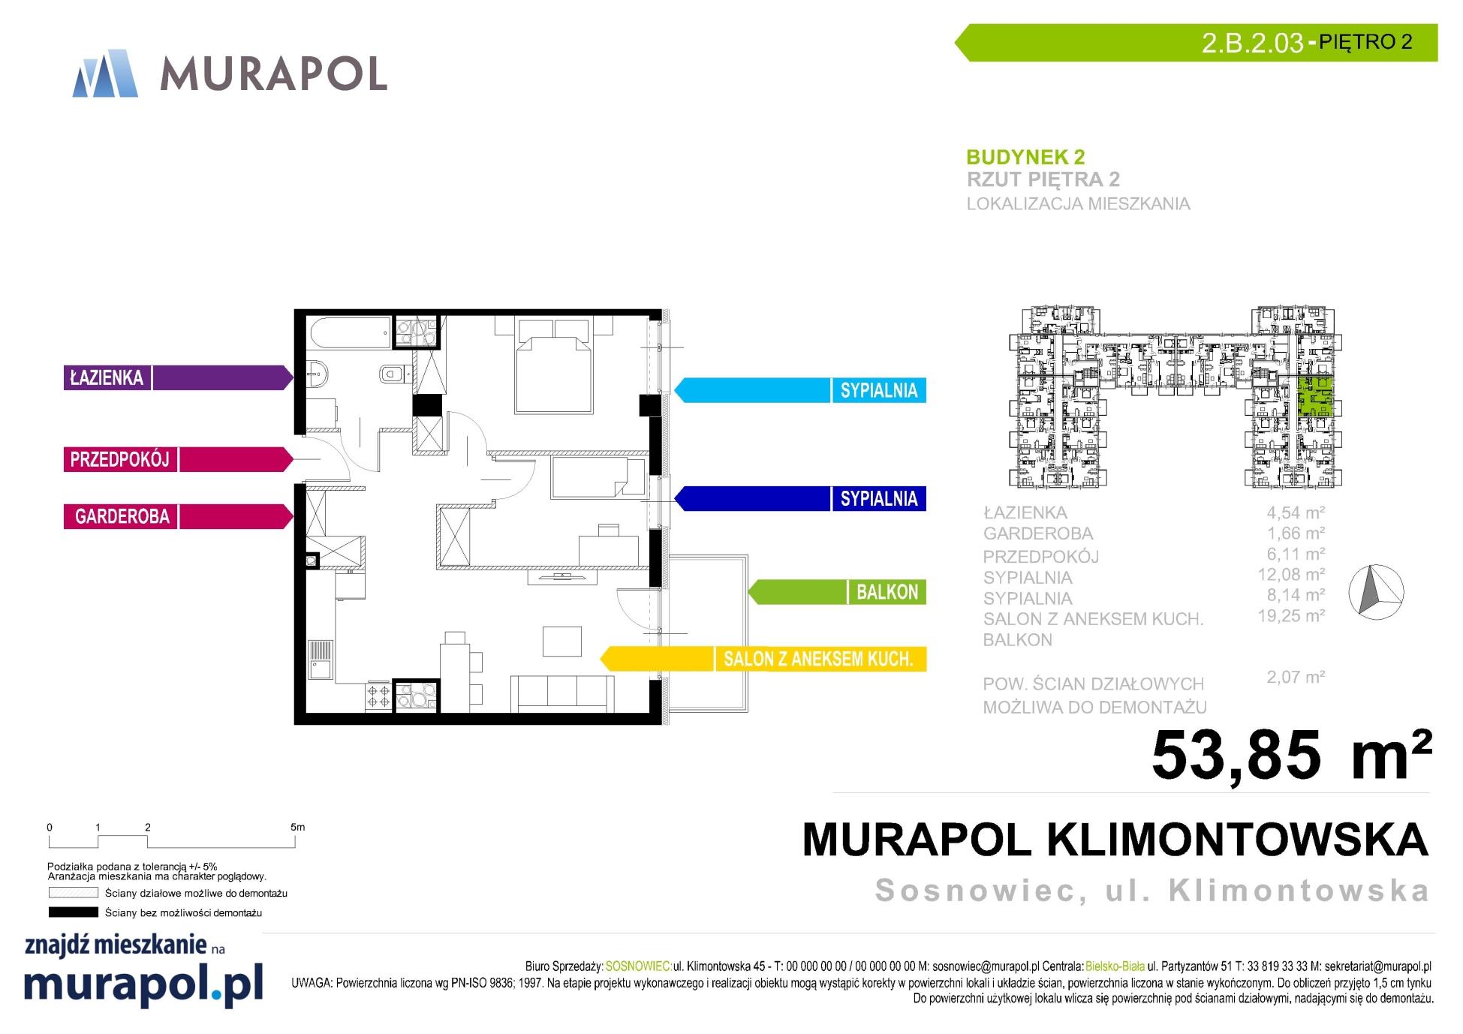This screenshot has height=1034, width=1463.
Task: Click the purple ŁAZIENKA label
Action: pos(177,377)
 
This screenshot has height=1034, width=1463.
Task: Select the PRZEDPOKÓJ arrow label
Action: pos(177,459)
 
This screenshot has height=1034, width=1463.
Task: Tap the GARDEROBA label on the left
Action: pos(177,516)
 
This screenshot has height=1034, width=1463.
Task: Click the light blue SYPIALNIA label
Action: pos(800,390)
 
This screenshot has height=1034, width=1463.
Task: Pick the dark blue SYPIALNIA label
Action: pos(800,499)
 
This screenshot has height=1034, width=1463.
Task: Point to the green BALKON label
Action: pos(837,592)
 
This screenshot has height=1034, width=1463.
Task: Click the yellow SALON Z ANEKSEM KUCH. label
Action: pos(763,659)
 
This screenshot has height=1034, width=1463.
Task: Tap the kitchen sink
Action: pos(321,660)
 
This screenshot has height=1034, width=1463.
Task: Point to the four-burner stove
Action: pos(378,696)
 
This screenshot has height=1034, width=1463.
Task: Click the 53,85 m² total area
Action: pos(1291,754)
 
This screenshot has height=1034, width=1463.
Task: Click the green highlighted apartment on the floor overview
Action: pos(1316,398)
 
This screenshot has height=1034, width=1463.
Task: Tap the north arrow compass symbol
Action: pos(1376,592)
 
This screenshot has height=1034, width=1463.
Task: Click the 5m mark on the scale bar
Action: pos(297,828)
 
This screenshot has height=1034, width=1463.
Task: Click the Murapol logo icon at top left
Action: pos(105,74)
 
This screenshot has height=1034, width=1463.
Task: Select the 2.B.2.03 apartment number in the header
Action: pos(1252,43)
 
